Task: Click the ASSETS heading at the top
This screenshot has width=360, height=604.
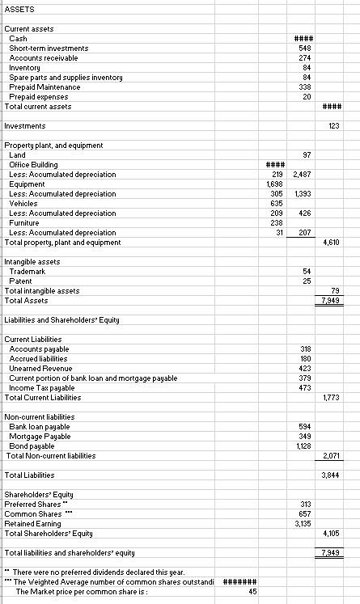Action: (18, 10)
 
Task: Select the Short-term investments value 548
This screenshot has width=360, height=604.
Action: (306, 49)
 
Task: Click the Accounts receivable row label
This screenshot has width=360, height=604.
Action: (44, 58)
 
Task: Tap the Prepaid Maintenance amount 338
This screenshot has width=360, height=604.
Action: (306, 87)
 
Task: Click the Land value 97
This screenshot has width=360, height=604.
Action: (307, 154)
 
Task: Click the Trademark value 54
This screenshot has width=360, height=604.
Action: (307, 271)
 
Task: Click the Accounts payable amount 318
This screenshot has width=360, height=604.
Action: (306, 348)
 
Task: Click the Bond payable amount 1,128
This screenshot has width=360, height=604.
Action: (303, 446)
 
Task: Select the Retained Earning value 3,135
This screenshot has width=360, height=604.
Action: (303, 523)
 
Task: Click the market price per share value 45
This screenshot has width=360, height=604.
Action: (252, 591)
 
